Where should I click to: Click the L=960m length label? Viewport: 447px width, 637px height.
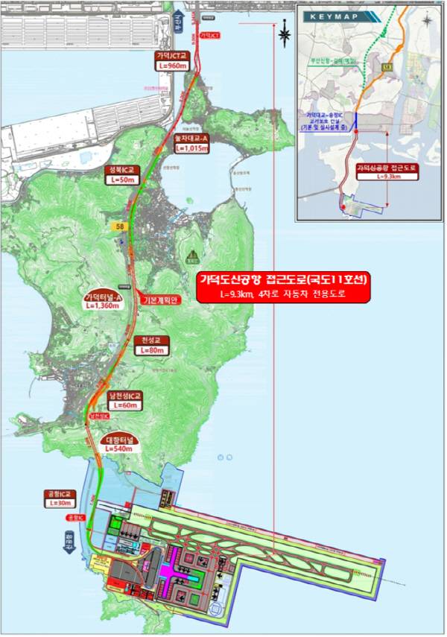coord(172,66)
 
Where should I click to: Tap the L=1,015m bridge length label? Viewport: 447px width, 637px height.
coord(194,148)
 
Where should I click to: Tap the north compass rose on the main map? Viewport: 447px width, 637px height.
coord(285,33)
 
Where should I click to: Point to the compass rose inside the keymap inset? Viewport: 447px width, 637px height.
coord(426,20)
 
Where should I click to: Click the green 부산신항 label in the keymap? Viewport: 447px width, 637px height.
coord(337,62)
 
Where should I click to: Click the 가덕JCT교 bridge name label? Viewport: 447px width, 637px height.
coord(172,56)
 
